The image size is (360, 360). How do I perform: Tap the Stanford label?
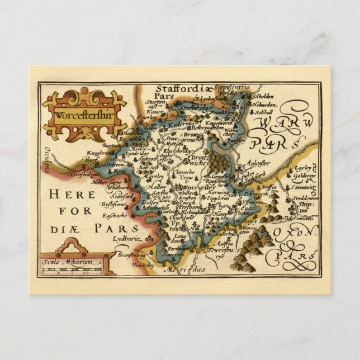124,197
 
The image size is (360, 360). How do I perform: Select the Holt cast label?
146,166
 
